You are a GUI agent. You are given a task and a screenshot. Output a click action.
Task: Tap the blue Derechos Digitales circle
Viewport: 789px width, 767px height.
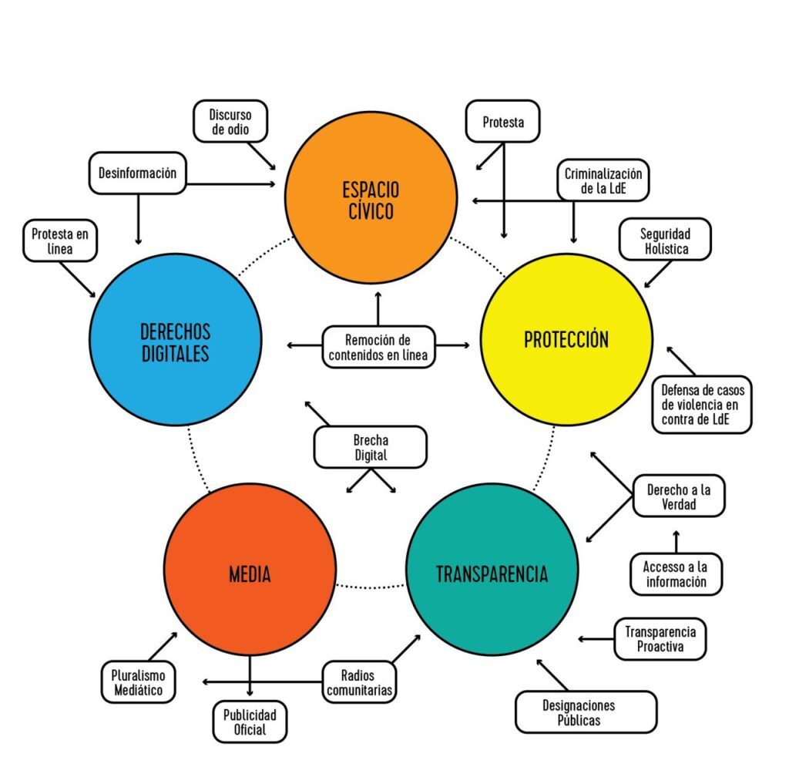point(176,342)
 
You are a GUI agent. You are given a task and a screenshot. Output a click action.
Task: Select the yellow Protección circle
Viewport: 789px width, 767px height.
point(566,339)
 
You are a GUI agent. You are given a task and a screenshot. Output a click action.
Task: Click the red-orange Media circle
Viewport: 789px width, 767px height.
point(250,574)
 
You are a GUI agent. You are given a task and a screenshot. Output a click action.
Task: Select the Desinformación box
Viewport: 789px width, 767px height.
point(137,173)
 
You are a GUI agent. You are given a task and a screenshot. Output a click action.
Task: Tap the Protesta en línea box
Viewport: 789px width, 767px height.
point(60,241)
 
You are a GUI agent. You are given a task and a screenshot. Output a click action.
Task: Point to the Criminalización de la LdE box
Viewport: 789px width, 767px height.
point(603,180)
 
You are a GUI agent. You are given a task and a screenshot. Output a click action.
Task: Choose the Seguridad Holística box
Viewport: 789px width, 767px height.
point(665,241)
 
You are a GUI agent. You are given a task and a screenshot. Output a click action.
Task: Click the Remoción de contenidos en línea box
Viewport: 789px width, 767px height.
point(378,346)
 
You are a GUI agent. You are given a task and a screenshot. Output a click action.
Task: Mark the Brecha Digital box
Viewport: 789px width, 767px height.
point(371,447)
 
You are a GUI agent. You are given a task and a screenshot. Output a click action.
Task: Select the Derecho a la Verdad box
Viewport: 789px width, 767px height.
point(678,496)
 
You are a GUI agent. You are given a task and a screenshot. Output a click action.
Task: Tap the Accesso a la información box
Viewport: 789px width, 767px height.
point(676,574)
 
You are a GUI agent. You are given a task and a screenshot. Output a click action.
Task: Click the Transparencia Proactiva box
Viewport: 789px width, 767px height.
point(660,638)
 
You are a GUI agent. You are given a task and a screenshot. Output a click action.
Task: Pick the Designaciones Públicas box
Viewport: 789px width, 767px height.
point(586,711)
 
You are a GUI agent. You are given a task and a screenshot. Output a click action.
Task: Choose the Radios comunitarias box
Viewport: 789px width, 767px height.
point(359,682)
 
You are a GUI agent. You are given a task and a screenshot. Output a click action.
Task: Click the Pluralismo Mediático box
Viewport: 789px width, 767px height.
point(138,682)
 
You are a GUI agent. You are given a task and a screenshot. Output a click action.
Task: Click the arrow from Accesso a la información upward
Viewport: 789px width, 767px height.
point(677,541)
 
